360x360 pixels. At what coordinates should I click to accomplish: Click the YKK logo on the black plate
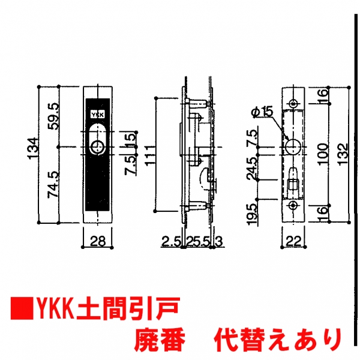[x=98, y=115]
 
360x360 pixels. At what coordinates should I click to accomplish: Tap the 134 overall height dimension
[x=32, y=148]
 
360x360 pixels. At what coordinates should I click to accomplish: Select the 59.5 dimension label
[x=54, y=116]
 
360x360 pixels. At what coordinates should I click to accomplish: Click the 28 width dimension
[x=98, y=241]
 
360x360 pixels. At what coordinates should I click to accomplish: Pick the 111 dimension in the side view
[x=151, y=155]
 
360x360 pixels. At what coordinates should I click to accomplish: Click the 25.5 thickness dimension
[x=198, y=242]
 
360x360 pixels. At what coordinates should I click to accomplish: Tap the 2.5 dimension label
[x=171, y=242]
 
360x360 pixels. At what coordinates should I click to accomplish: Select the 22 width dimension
[x=293, y=241]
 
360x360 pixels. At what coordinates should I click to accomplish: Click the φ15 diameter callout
[x=263, y=112]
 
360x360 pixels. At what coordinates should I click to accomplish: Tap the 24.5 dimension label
[x=252, y=168]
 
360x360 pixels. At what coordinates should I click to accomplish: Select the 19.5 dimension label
[x=252, y=214]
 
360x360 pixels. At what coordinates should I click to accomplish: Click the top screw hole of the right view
[x=293, y=103]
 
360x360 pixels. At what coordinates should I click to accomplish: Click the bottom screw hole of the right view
[x=293, y=205]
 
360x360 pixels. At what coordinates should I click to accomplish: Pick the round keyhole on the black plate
[x=97, y=147]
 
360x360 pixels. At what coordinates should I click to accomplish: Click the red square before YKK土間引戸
[x=22, y=308]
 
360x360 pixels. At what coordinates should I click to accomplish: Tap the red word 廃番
[x=160, y=340]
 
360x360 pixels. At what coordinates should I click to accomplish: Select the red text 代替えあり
[x=278, y=340]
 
